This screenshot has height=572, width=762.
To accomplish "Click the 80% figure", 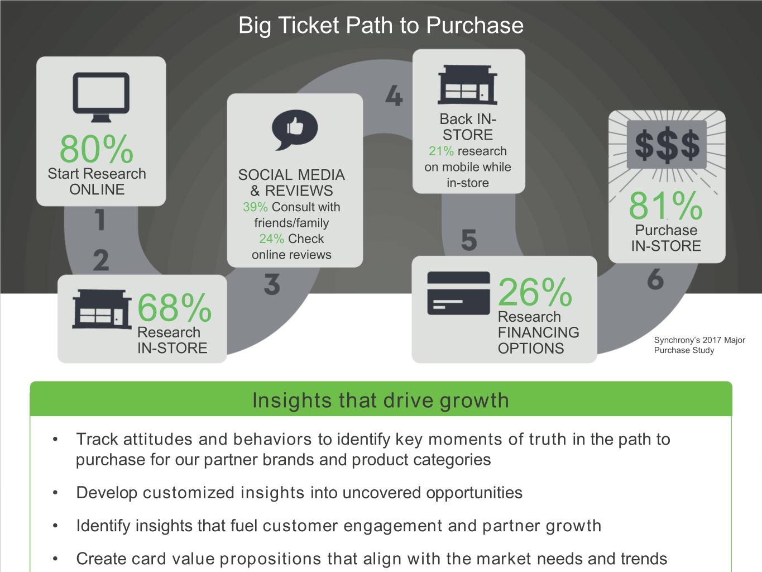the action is pos(97,149).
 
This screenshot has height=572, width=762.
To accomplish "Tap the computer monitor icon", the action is pos(101,97).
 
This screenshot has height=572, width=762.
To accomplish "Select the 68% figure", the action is pos(174,307).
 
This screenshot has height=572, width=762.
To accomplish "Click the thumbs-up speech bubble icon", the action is pos(294,130).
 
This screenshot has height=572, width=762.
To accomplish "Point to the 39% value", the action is pos(255,207).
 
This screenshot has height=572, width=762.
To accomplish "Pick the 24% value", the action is pos(271,239).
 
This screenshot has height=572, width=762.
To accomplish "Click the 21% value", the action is pos(441,151).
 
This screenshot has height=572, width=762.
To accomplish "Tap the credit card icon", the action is pos(458,293).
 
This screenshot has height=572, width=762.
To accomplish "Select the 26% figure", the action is pos(535,292).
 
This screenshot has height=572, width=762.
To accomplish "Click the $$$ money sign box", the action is pos(667,145).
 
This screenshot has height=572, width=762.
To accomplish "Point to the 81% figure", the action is pos(665,206).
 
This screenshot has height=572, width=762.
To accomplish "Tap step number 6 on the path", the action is pos(655,279).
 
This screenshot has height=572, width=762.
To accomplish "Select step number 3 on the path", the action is pos(272,284).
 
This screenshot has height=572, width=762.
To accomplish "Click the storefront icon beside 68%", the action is pos(102,309).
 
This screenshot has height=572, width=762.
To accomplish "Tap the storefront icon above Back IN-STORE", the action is pos(468,85).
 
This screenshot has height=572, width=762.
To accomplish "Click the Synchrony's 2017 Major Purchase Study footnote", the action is pos(699,345).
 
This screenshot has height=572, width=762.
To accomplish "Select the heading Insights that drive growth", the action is pos(381,400).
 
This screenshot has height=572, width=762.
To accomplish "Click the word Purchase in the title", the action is pos(475,25).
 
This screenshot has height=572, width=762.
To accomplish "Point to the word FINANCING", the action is pos(539,332).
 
